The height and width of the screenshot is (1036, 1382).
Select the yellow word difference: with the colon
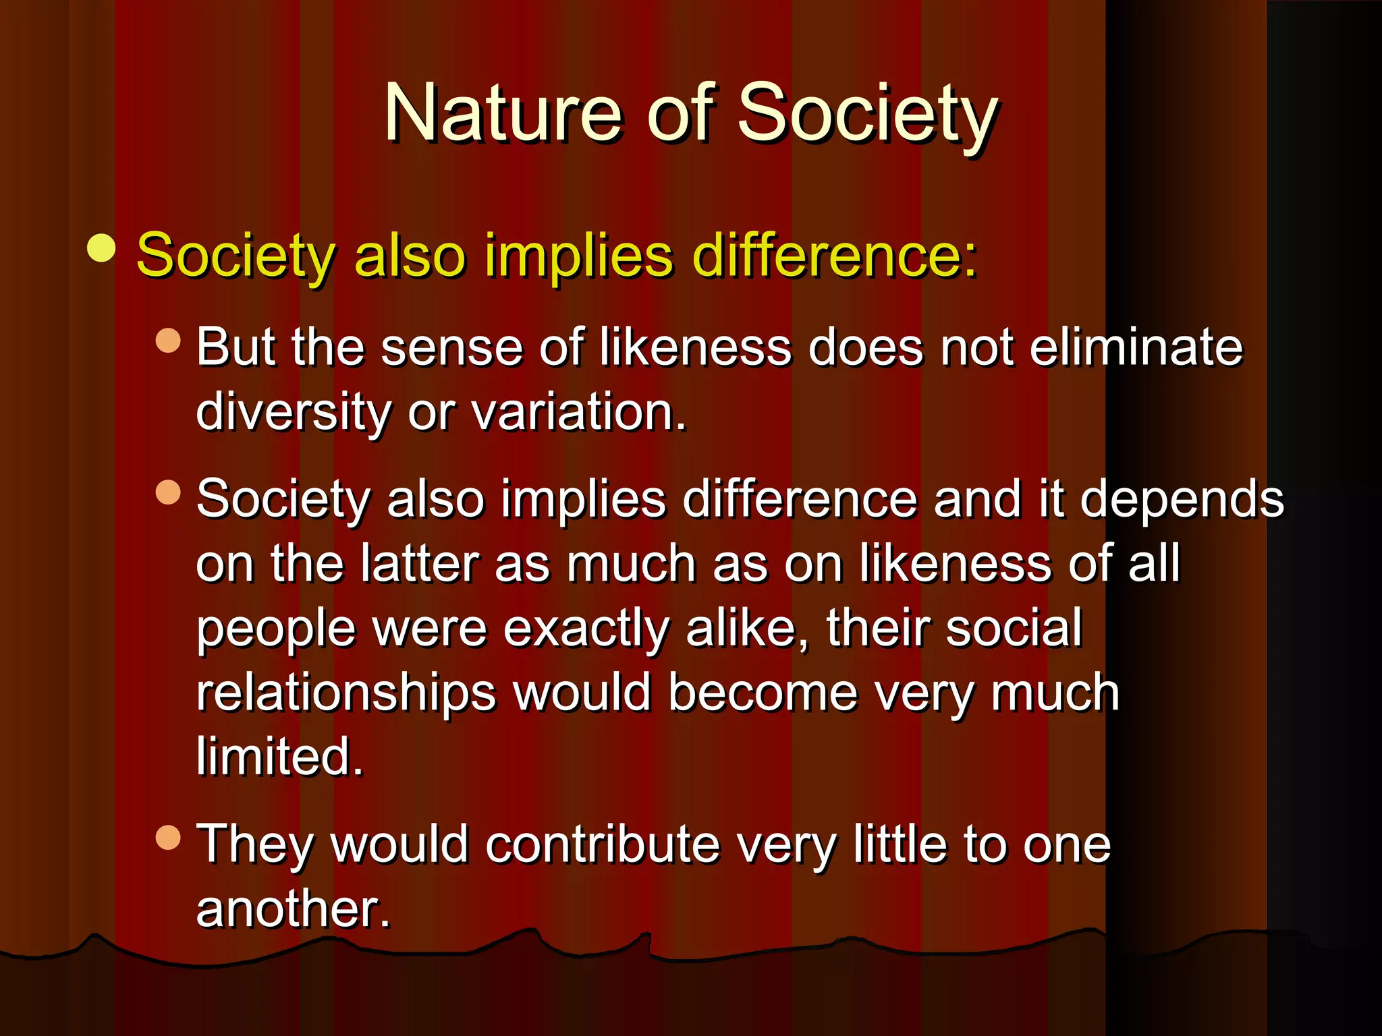coord(835,256)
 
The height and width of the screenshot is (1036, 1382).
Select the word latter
coord(418,563)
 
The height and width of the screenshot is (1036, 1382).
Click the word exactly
coord(586,628)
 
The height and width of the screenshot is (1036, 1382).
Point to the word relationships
coord(346,693)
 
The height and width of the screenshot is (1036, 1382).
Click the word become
coord(763,693)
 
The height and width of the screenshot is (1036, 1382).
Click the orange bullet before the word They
coord(168,838)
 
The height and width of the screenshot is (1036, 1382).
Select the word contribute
coord(603,844)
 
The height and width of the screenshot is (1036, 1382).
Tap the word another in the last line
coord(293,908)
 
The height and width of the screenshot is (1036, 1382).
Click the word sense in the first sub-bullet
coord(451,347)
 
